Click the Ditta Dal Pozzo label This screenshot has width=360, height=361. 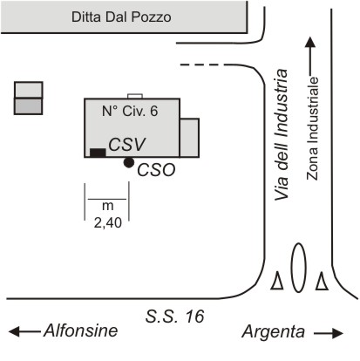tap(121, 17)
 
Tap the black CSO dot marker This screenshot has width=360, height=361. tap(129, 162)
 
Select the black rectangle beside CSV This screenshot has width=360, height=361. tap(98, 153)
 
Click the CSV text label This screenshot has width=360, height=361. tap(127, 145)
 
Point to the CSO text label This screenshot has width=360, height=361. tap(156, 170)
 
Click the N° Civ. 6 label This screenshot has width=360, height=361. tap(130, 111)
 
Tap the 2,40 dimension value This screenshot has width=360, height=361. tap(108, 223)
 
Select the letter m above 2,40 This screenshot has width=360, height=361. tap(108, 206)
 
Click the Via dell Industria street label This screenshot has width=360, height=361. tap(282, 134)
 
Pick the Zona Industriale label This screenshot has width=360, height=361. tap(312, 128)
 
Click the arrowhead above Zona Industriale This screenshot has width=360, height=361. tap(310, 42)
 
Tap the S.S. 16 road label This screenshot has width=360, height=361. tap(174, 317)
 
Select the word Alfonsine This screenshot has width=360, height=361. tap(81, 330)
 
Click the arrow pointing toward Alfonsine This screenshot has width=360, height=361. tap(24, 331)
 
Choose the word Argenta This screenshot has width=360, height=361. tap(274, 332)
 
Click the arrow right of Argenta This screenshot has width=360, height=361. tap(329, 333)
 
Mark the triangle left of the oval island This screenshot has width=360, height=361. tap(277, 281)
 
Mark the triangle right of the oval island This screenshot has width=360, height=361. tap(322, 281)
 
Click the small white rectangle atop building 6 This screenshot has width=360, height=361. tap(135, 96)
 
